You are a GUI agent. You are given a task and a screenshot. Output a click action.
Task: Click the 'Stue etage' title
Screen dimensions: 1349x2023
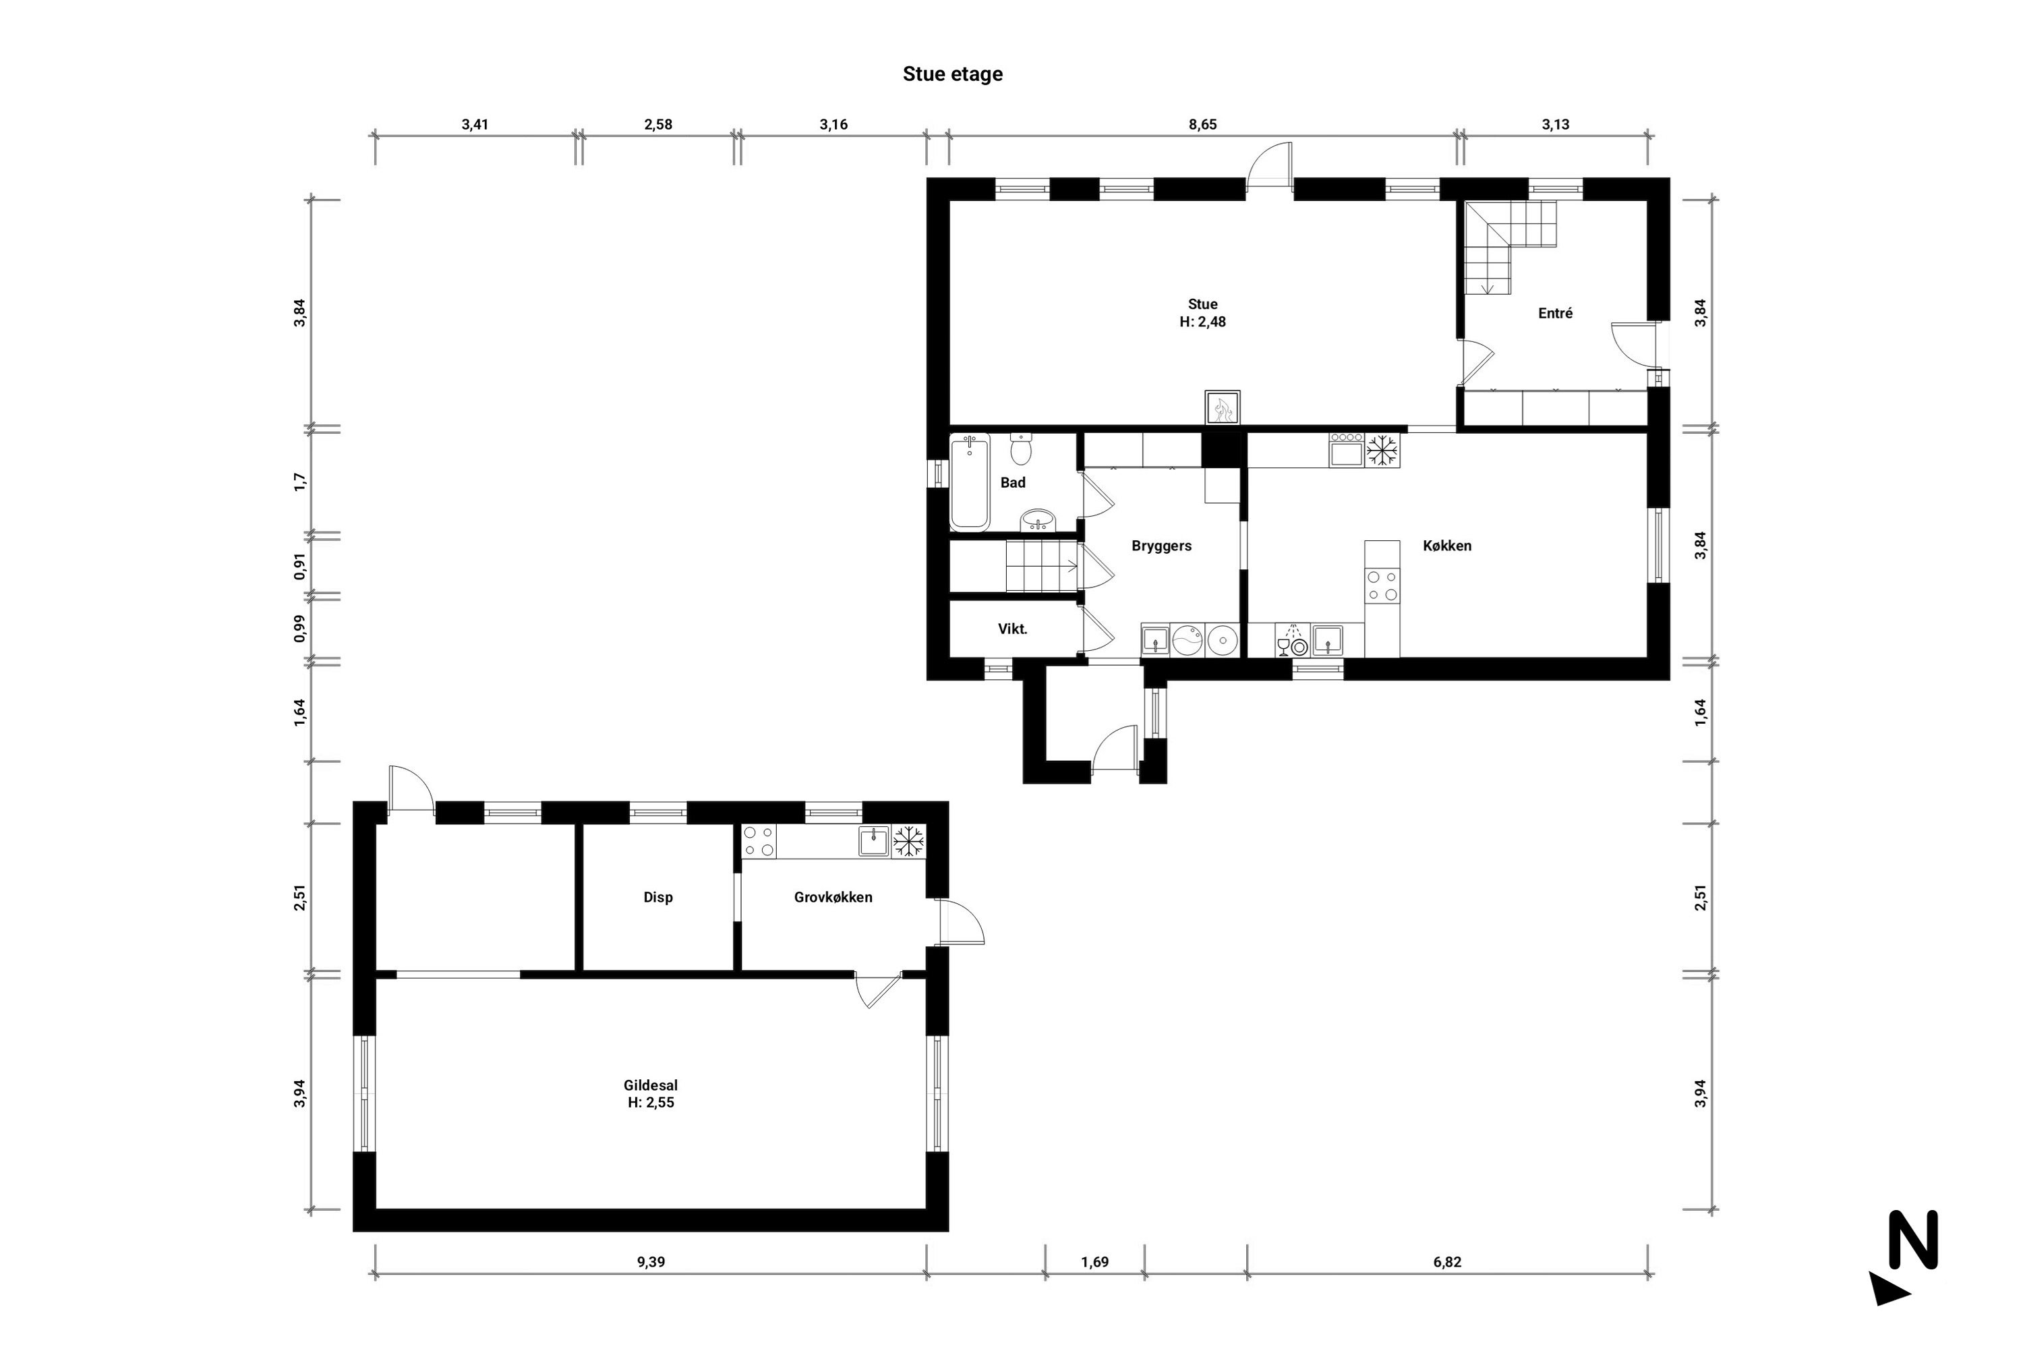pyautogui.click(x=952, y=74)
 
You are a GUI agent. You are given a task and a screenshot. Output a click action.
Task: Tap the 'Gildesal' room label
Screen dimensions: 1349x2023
pyautogui.click(x=650, y=1086)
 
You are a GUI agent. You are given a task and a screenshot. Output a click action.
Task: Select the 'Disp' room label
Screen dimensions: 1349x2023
pyautogui.click(x=658, y=897)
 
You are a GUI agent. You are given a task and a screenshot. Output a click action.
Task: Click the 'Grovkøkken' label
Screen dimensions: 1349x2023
pyautogui.click(x=833, y=897)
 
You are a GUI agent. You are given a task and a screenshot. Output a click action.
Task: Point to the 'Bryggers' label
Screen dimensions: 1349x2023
pyautogui.click(x=1161, y=546)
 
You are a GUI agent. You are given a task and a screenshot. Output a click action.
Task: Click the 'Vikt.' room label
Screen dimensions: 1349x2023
pyautogui.click(x=1012, y=629)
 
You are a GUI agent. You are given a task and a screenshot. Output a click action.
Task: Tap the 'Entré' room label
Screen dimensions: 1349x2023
pyautogui.click(x=1555, y=313)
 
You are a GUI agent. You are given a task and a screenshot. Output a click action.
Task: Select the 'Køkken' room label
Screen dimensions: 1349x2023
pyautogui.click(x=1446, y=546)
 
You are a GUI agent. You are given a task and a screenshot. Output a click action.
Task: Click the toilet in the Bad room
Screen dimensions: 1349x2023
pyautogui.click(x=1021, y=449)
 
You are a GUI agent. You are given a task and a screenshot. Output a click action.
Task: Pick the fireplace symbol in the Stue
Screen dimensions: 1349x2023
pyautogui.click(x=1222, y=408)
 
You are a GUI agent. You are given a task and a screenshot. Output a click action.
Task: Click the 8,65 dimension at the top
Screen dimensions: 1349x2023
pyautogui.click(x=1202, y=124)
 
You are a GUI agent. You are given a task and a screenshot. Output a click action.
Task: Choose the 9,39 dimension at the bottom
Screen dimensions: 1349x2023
pyautogui.click(x=650, y=1262)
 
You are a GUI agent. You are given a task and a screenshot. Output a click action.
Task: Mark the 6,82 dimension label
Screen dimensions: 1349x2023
pyautogui.click(x=1446, y=1262)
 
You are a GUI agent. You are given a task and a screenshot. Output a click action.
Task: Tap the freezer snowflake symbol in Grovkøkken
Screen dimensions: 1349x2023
pyautogui.click(x=908, y=840)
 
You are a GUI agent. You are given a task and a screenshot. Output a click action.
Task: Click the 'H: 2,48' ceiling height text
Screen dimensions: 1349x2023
pyautogui.click(x=1202, y=322)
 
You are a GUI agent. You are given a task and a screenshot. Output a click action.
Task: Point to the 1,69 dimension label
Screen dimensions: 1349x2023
pyautogui.click(x=1095, y=1262)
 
